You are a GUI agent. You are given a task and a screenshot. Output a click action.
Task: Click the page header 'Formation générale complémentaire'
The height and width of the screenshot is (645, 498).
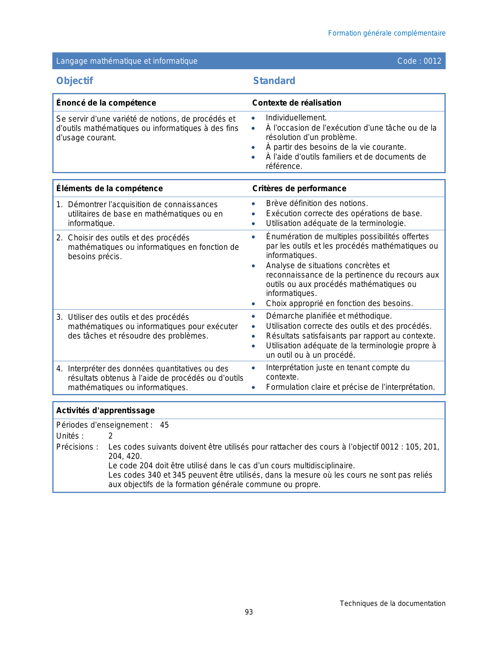[386, 33]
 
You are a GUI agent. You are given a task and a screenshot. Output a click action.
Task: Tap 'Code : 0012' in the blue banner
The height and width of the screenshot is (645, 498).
[419, 61]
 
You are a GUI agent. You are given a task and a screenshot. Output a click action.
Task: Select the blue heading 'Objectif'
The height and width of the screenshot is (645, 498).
[75, 81]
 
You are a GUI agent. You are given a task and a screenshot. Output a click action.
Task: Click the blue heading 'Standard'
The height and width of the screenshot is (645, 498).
[274, 81]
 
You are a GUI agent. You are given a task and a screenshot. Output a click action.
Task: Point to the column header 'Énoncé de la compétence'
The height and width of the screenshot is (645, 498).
[106, 103]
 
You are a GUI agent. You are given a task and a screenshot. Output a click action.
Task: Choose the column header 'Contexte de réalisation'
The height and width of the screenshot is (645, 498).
[296, 103]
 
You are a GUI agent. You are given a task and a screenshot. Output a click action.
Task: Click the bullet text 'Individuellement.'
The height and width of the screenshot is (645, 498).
[296, 118]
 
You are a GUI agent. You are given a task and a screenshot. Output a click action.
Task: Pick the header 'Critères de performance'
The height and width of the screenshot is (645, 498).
[299, 188]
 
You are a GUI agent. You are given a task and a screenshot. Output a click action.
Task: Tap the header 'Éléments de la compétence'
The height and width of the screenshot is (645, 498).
[109, 188]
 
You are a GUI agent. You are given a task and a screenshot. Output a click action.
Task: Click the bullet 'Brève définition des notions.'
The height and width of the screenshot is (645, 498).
[317, 203]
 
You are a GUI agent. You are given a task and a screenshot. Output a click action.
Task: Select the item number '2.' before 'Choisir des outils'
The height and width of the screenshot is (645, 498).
[59, 238]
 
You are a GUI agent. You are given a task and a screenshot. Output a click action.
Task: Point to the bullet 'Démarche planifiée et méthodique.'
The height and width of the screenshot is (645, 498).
[328, 316]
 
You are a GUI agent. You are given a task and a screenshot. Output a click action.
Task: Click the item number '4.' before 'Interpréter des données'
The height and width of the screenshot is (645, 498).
[59, 369]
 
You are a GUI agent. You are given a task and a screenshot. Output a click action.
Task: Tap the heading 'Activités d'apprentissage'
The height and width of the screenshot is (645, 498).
[105, 410]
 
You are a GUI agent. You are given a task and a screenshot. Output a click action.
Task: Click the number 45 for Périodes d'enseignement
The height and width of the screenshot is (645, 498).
[164, 425]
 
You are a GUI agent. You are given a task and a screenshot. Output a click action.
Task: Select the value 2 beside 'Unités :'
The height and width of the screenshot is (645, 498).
[111, 436]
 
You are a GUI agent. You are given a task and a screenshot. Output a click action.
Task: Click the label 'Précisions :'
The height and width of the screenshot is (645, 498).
[77, 447]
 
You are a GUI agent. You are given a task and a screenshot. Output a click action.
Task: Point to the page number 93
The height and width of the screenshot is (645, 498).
[249, 612]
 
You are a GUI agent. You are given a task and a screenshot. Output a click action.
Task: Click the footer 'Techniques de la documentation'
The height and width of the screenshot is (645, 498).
[392, 604]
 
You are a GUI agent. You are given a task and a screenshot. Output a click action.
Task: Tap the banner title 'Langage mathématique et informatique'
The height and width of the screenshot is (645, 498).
[127, 61]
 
